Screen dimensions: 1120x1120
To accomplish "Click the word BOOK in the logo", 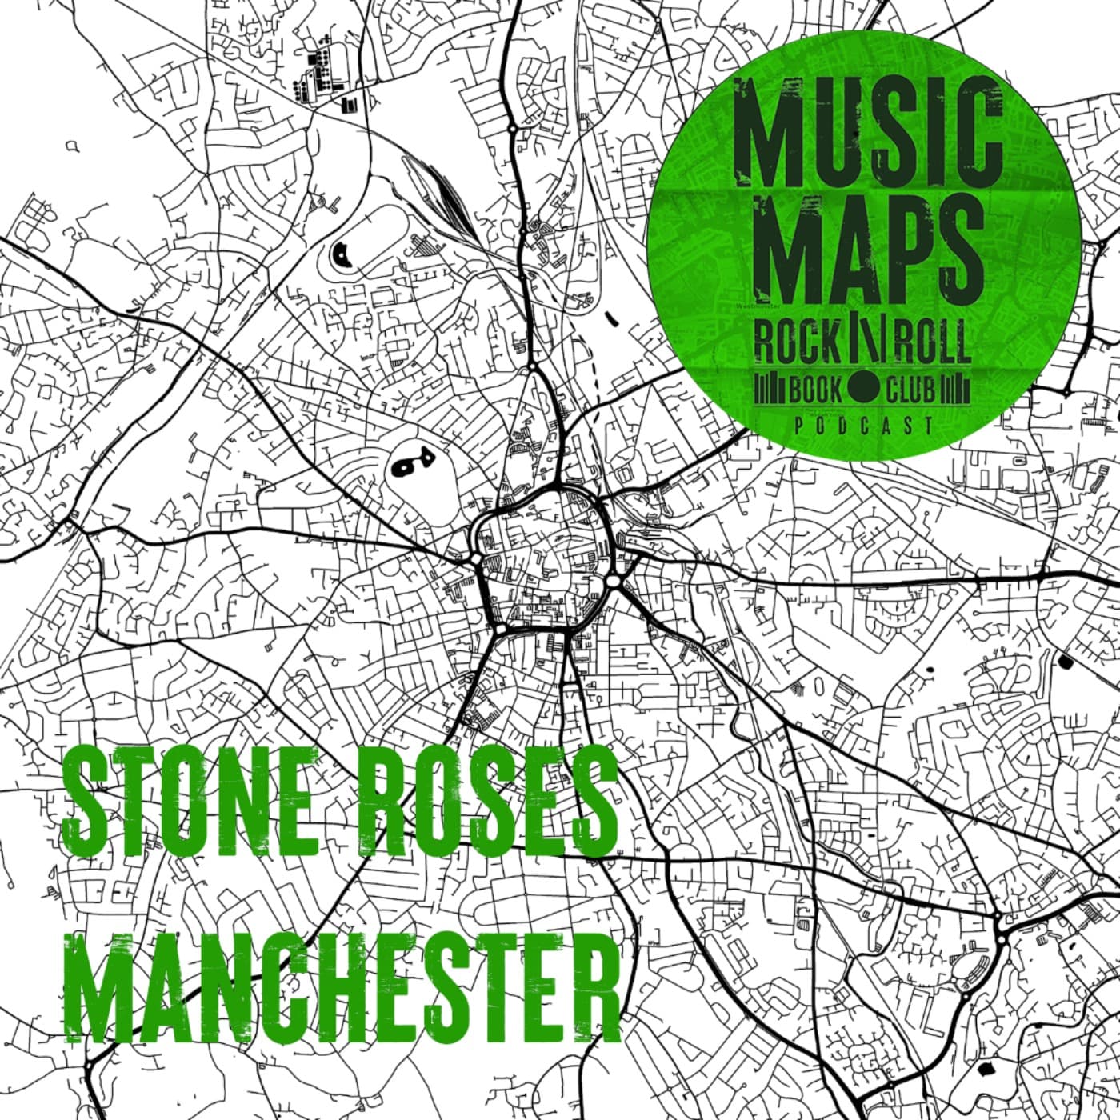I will click(x=815, y=390).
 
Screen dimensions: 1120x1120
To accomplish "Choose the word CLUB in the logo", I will click(x=910, y=390).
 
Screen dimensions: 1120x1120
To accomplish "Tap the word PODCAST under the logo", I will click(x=864, y=426).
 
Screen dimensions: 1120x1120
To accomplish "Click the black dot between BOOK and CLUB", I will click(x=863, y=390).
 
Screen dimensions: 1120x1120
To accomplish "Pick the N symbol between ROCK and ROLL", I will click(x=864, y=342).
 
